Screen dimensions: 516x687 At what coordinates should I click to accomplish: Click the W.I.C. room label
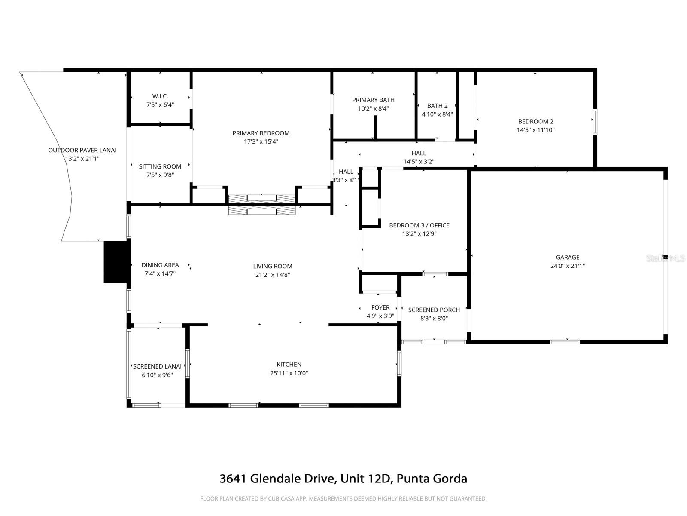(160, 96)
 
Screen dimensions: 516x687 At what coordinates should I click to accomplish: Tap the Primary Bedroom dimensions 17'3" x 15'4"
(261, 141)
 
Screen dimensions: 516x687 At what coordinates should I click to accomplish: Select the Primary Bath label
(373, 100)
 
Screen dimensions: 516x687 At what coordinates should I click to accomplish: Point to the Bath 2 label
(437, 106)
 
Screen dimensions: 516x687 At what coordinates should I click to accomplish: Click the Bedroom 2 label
(535, 121)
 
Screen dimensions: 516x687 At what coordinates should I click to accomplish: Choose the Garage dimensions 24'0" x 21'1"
(567, 266)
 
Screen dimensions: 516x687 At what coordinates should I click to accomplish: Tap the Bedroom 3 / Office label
(419, 225)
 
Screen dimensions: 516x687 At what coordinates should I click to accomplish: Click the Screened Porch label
(434, 310)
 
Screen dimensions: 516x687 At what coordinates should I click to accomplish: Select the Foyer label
(380, 307)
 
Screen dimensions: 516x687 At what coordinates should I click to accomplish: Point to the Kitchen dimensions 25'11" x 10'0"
(289, 373)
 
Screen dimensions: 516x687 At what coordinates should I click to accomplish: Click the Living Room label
(273, 266)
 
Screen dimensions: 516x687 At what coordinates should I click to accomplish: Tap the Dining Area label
(160, 265)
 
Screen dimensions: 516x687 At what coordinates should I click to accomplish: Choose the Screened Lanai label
(157, 366)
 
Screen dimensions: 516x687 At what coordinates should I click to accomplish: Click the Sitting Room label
(160, 166)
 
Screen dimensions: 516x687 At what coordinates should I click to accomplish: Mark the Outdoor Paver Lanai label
(82, 150)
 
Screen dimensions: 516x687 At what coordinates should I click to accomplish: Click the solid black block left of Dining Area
(116, 262)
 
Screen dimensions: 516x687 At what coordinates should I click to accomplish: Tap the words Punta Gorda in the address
(432, 479)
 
